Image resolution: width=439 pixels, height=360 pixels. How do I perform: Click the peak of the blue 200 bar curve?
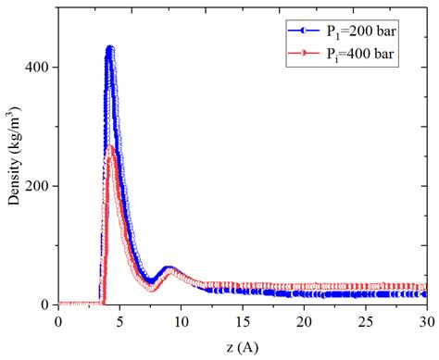click(x=110, y=49)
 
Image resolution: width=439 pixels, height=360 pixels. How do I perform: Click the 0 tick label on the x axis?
click(x=58, y=319)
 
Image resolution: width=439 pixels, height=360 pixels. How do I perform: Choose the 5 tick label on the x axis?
click(x=119, y=319)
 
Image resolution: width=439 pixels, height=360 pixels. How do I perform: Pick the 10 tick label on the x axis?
click(x=181, y=319)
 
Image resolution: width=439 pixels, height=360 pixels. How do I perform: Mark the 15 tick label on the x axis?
click(x=242, y=319)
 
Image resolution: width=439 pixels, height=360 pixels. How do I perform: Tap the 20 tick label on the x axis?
click(x=304, y=319)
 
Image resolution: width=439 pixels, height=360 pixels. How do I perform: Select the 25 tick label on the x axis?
click(x=365, y=319)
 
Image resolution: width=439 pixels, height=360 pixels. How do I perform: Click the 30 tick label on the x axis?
click(x=425, y=319)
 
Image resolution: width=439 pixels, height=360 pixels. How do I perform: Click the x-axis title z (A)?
click(x=242, y=345)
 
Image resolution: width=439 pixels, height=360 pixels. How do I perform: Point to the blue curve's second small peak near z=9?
click(x=169, y=268)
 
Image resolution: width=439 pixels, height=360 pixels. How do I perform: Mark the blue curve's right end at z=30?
click(x=425, y=293)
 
